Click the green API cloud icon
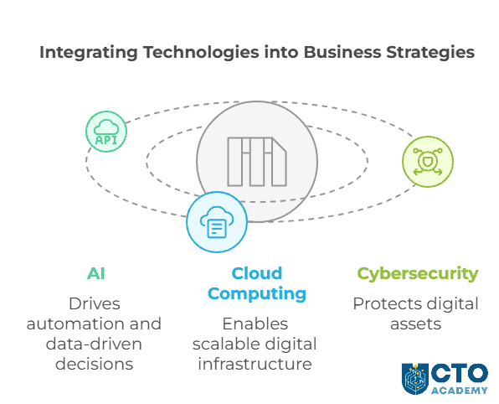(x=106, y=132)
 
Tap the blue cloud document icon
(x=216, y=222)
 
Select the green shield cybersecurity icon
(x=427, y=161)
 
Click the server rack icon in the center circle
(x=256, y=161)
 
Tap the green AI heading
(x=96, y=273)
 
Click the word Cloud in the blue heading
(x=257, y=273)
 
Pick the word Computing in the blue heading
(x=257, y=293)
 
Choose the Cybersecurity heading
(x=418, y=273)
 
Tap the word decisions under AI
(x=94, y=364)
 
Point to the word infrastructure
(x=255, y=364)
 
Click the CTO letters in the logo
(x=459, y=372)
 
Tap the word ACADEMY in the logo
(x=459, y=390)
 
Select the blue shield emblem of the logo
(x=415, y=379)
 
